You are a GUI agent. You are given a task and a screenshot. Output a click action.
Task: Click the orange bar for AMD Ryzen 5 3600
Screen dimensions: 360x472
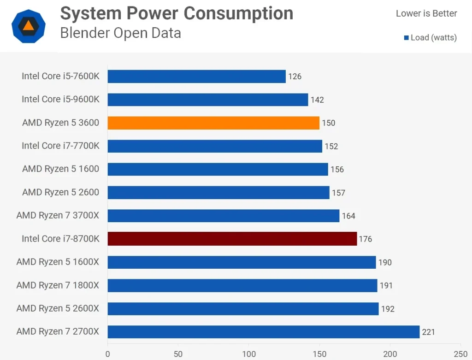coord(213,123)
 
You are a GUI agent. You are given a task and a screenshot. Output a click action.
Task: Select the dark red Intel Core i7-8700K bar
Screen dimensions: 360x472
coord(232,239)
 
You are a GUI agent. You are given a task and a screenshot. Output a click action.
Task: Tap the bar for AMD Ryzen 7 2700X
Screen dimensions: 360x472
coord(264,332)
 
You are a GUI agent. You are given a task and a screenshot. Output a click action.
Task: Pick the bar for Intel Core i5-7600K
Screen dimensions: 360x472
coord(197,76)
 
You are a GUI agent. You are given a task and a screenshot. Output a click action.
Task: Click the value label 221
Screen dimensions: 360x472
coord(428,332)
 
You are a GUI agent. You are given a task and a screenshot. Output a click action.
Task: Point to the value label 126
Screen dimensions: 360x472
coord(295,77)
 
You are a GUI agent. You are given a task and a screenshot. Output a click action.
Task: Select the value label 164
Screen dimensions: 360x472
coord(348,216)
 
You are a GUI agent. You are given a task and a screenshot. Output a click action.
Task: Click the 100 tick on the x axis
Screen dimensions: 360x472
coord(249,354)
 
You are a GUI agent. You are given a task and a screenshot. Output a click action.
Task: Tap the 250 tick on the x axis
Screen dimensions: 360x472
coord(460,354)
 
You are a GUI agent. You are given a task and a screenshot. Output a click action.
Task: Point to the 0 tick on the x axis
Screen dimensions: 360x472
coord(108,354)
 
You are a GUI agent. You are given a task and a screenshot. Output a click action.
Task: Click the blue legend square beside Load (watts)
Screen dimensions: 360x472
coord(406,38)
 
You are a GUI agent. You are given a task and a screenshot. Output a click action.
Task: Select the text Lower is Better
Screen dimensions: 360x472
coord(426,13)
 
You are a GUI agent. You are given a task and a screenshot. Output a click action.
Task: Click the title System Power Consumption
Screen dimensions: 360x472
coord(177,14)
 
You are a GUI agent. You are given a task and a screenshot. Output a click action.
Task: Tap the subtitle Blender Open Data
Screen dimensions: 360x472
coord(120,33)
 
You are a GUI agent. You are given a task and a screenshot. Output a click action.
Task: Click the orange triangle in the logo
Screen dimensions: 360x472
coord(29,25)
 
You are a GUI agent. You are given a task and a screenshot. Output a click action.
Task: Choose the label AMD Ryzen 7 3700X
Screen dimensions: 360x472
coord(58,215)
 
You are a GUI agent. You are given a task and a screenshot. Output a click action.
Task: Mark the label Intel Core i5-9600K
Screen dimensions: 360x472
coord(60,99)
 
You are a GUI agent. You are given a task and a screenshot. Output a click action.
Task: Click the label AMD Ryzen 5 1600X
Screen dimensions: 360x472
coord(58,262)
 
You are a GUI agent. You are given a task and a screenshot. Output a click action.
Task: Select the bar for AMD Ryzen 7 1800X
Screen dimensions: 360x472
coord(242,285)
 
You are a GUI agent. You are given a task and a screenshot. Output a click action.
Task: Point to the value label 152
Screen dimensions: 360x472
coord(331,146)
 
